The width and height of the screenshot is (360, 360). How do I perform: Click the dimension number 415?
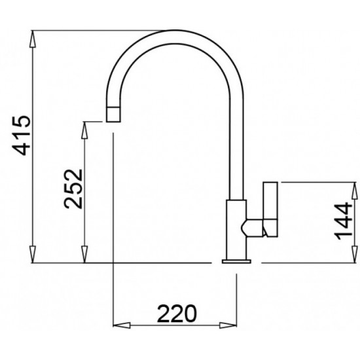[x=22, y=135]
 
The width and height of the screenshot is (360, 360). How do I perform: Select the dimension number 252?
[x=73, y=189]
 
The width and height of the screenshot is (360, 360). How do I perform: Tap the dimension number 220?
[x=177, y=314]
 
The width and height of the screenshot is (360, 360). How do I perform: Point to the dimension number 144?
[x=343, y=221]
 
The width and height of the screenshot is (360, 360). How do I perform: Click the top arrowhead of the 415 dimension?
[x=33, y=39]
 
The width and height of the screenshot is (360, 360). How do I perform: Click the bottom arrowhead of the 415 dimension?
[x=33, y=255]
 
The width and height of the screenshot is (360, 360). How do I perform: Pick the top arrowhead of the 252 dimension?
[x=84, y=130]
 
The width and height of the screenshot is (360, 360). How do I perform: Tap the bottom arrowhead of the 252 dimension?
[x=84, y=255]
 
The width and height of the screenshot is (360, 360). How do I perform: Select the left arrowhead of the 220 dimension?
[x=122, y=325]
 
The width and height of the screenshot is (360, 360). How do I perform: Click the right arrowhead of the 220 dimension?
[x=228, y=325]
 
